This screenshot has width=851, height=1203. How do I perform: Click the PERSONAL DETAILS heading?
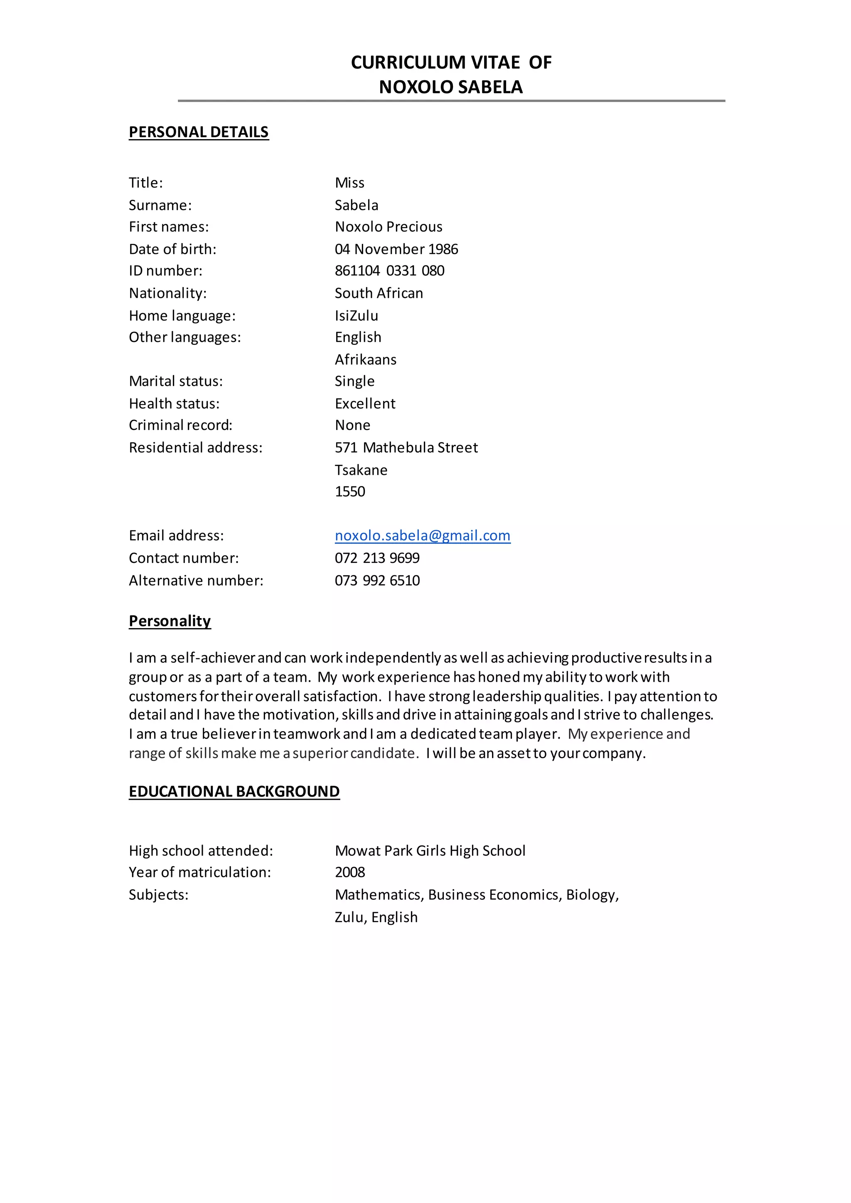coord(199,132)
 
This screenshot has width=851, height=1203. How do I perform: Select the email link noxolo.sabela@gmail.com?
coord(422,535)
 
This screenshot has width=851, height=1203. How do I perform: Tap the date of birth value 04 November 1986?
coord(396,249)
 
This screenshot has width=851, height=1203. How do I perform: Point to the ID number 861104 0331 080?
coord(389,271)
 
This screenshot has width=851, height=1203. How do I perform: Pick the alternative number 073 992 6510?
coord(377,581)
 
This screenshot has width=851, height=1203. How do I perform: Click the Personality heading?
coord(170,621)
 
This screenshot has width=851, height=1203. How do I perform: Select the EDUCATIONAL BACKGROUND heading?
coord(234,791)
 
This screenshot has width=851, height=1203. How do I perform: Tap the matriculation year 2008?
coord(350,872)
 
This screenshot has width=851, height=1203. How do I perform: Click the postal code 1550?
coord(350,491)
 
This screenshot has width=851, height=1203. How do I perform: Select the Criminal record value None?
coord(353,425)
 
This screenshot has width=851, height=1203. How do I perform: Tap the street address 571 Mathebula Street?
coord(406,447)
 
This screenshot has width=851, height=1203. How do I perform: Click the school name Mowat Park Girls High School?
coord(430,851)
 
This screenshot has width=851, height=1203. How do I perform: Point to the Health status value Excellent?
coord(365,403)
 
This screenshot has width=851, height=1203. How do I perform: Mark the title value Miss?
coord(349,183)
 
